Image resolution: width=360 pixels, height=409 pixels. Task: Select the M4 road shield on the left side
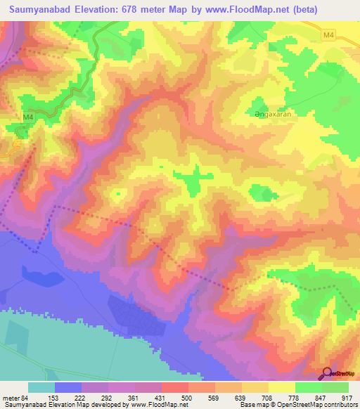[x=28, y=117]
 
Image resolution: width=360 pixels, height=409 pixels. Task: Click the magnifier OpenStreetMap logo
[x=326, y=374]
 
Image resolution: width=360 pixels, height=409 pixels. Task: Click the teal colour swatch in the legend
[x=41, y=387]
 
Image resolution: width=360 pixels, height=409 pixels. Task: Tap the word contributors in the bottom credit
[x=337, y=404]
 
